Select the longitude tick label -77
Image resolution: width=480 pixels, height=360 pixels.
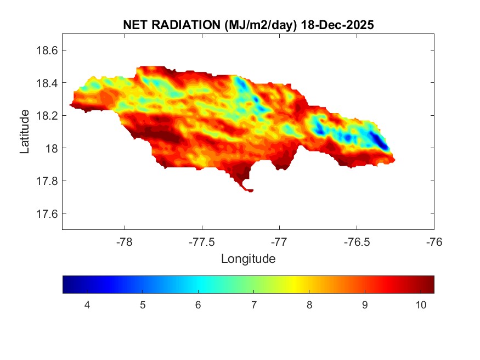279,241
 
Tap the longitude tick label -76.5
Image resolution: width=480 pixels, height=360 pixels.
357,241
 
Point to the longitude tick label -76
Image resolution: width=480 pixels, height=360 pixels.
434,241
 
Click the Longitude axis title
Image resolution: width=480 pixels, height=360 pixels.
248,258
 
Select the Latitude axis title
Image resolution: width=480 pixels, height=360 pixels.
25,132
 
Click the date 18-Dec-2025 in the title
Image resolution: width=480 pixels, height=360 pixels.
337,25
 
